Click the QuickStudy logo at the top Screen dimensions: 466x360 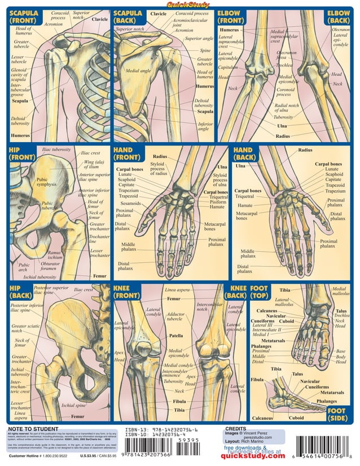pos(181,5)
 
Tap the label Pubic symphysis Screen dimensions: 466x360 pos(46,182)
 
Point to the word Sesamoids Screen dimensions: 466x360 pos(131,203)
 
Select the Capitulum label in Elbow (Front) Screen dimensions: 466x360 pos(228,67)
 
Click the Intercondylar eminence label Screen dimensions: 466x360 pos(175,373)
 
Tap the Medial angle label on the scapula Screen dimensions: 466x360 pos(138,72)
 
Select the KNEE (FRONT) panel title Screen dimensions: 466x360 pos(126,291)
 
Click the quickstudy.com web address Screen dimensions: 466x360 pos(252,456)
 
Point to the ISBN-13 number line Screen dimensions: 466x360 pos(161,429)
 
